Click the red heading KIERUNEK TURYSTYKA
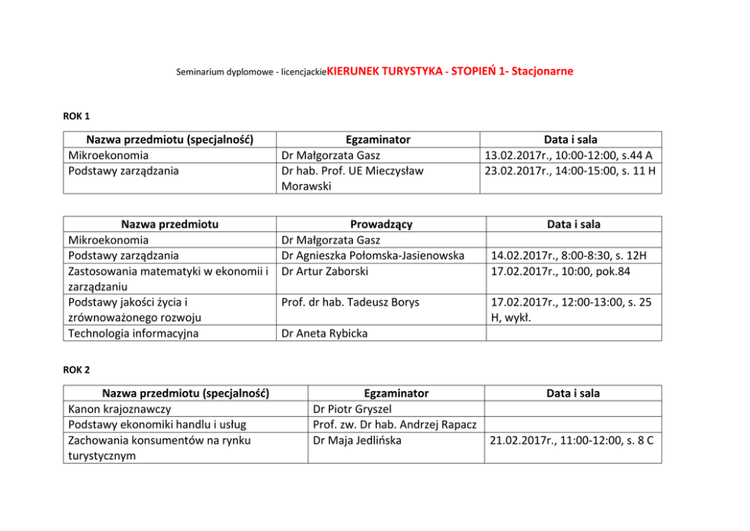pyautogui.click(x=383, y=71)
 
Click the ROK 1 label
pyautogui.click(x=76, y=116)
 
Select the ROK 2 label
pyautogui.click(x=76, y=369)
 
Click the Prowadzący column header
pyautogui.click(x=381, y=224)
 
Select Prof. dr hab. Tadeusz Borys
pyautogui.click(x=350, y=303)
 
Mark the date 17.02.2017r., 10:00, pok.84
pyautogui.click(x=555, y=271)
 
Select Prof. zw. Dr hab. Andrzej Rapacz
pyautogui.click(x=393, y=424)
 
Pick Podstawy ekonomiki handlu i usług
pyautogui.click(x=157, y=424)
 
